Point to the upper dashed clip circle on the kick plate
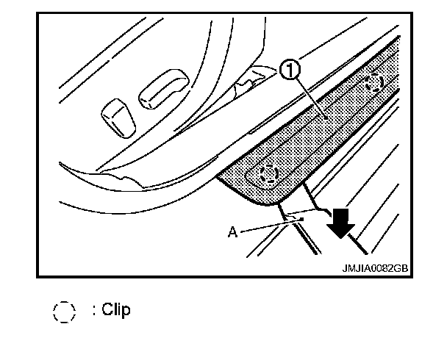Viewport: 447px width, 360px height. coord(375,82)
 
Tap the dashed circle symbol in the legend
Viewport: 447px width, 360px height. coord(65,312)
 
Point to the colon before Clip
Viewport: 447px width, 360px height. coord(94,311)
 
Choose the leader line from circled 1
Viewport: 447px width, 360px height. coord(309,96)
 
